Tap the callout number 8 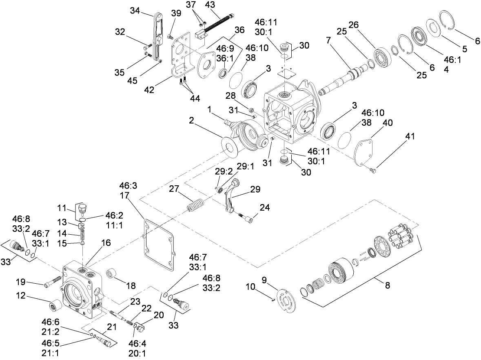pos(387,285)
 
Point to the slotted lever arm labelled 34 pos(157,37)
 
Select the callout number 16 pos(106,242)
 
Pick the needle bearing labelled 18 pos(112,273)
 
